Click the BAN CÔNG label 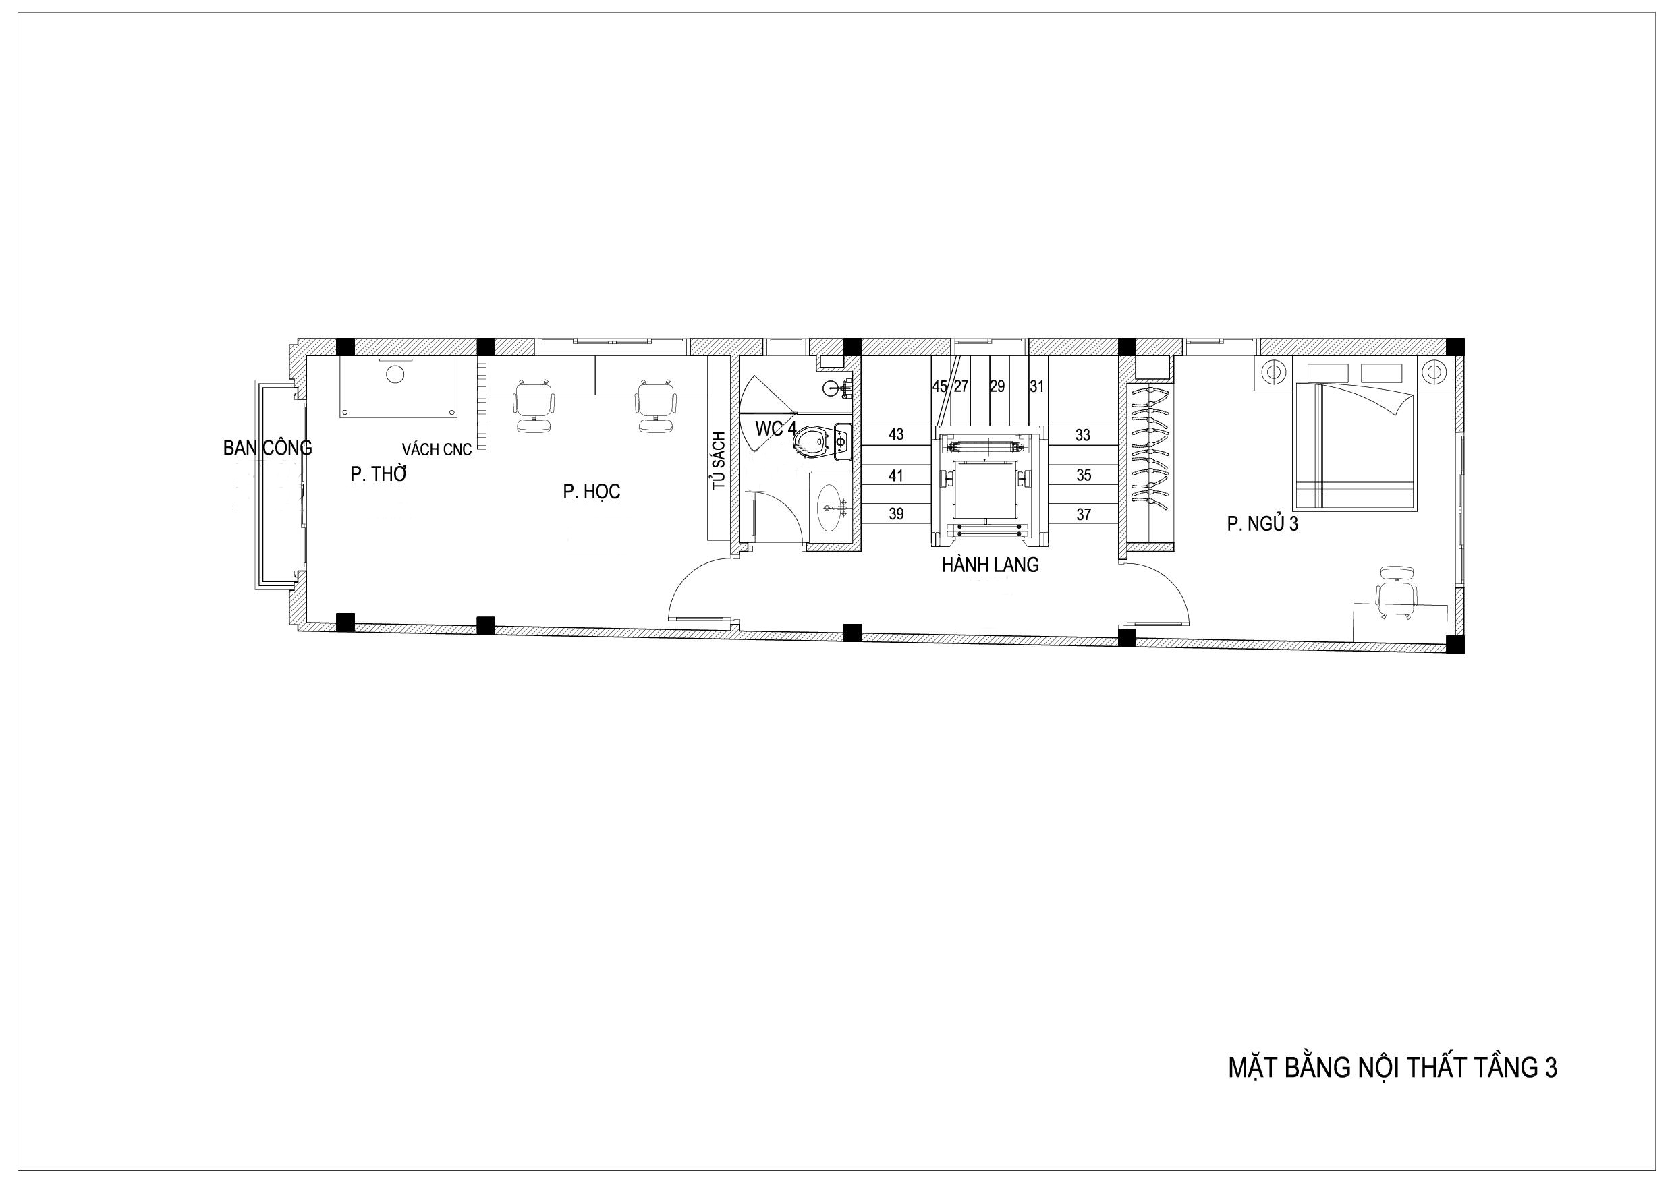(x=268, y=448)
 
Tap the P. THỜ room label (x=378, y=475)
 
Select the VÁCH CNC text (x=437, y=450)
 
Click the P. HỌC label (x=591, y=492)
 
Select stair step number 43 (x=896, y=434)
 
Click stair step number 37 (x=1084, y=515)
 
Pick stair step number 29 (x=997, y=386)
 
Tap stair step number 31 (x=1037, y=386)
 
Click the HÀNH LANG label (x=990, y=565)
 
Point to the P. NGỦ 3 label (x=1263, y=524)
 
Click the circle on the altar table (x=395, y=374)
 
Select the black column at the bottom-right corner (x=1455, y=644)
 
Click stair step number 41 (x=896, y=476)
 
